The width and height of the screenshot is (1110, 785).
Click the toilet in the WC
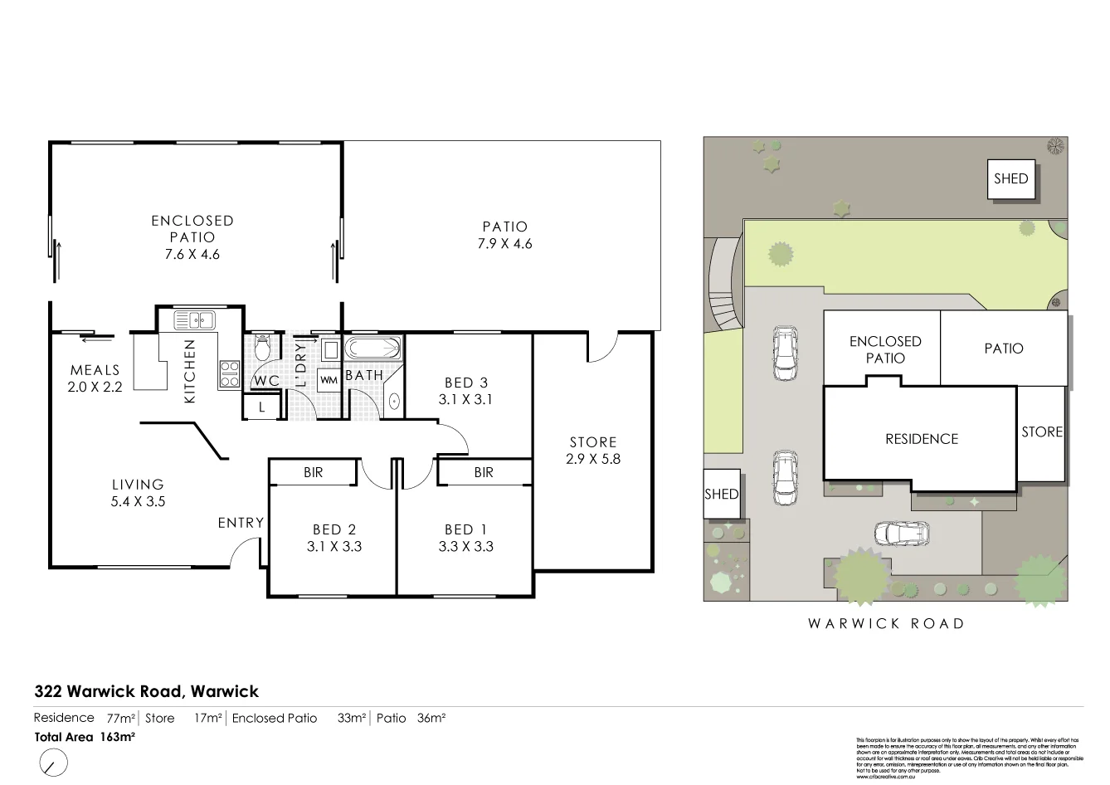[x=263, y=346]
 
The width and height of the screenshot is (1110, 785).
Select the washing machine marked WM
[x=329, y=379]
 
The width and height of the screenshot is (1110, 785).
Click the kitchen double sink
[x=194, y=319]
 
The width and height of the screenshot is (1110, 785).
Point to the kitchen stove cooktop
[x=229, y=373]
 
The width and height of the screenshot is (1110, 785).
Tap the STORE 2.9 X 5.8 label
[x=593, y=450]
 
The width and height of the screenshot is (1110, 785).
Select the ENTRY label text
[x=241, y=523]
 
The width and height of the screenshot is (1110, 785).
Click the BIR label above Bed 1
[x=484, y=472]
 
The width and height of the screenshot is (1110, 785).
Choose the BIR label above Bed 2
[x=313, y=472]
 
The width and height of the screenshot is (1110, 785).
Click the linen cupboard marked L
[x=262, y=407]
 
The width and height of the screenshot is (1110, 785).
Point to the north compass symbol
[x=52, y=761]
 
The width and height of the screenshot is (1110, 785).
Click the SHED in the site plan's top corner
[x=1010, y=179]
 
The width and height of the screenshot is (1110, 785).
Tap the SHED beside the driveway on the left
[x=721, y=494]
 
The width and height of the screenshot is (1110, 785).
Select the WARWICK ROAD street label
[x=886, y=623]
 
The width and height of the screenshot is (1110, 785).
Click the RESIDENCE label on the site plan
[x=921, y=439]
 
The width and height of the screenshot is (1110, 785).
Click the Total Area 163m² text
[x=85, y=736]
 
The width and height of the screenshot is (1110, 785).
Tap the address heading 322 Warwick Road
[x=147, y=691]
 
